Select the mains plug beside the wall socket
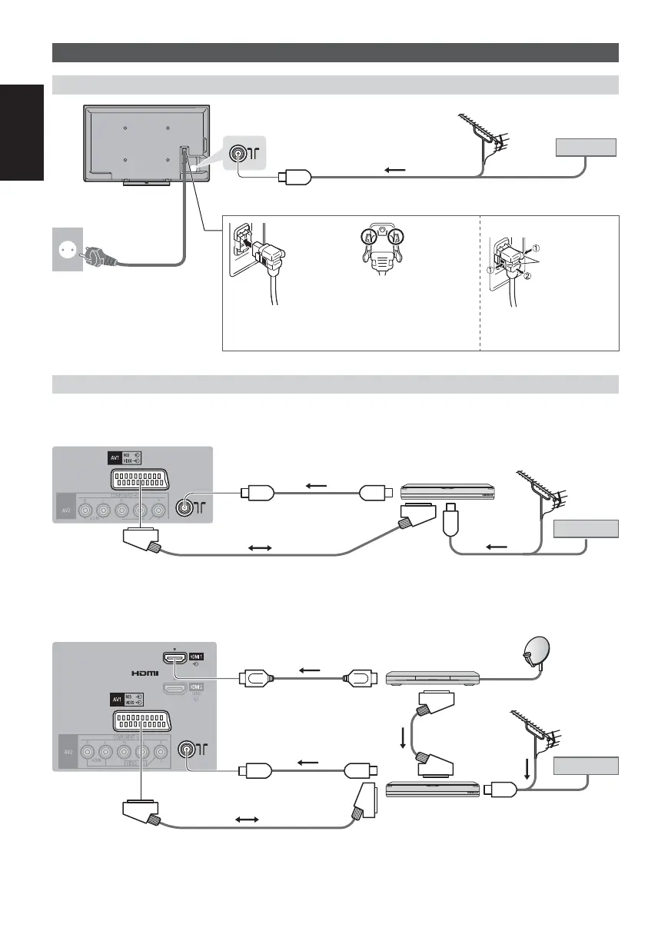coord(101,258)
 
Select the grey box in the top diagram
coord(587,147)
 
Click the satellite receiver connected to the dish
coord(432,677)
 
